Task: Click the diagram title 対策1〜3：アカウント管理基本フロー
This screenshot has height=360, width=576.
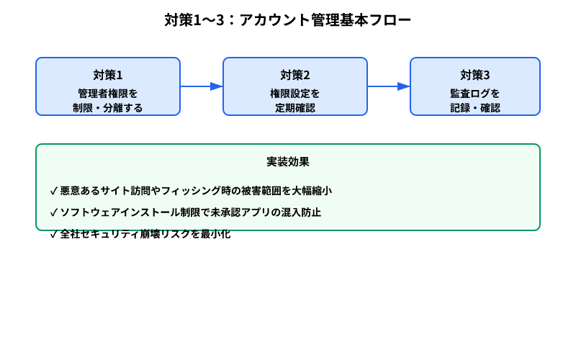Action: click(x=288, y=20)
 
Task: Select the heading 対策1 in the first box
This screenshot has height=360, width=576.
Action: click(x=108, y=75)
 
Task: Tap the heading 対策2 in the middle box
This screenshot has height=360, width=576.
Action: click(x=295, y=75)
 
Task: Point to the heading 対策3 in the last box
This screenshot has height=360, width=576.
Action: click(x=475, y=75)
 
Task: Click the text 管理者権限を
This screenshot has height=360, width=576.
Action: click(x=108, y=93)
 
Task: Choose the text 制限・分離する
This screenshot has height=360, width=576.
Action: click(x=108, y=108)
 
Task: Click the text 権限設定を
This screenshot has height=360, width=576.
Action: click(x=295, y=93)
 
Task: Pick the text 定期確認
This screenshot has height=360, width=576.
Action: click(x=295, y=108)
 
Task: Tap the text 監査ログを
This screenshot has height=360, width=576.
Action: click(x=475, y=93)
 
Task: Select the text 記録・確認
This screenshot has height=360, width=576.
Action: click(x=475, y=108)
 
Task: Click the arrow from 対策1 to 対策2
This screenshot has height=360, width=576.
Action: click(x=202, y=86)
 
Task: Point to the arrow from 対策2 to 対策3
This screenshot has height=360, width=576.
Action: click(x=389, y=86)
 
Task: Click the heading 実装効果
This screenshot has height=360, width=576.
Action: click(x=288, y=161)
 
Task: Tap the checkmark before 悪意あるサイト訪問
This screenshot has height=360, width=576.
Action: click(x=54, y=191)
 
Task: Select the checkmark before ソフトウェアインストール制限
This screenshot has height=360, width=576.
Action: click(x=54, y=212)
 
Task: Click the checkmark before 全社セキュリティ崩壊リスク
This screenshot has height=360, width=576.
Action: click(x=54, y=234)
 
